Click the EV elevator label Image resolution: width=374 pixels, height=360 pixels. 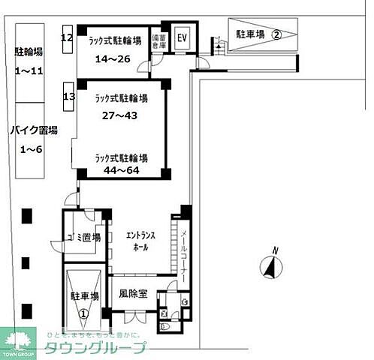(181, 38)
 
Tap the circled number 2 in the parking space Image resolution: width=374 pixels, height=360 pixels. (276, 34)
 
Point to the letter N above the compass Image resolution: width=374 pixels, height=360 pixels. (276, 250)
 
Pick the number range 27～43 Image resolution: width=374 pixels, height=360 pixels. (119, 115)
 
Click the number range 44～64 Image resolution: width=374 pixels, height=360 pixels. (120, 171)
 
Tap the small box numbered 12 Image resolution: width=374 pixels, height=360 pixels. (68, 37)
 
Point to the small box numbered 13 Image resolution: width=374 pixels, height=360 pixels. (69, 97)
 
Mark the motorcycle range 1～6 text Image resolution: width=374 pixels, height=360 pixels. (31, 150)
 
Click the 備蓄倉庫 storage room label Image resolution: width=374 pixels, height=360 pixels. (158, 40)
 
